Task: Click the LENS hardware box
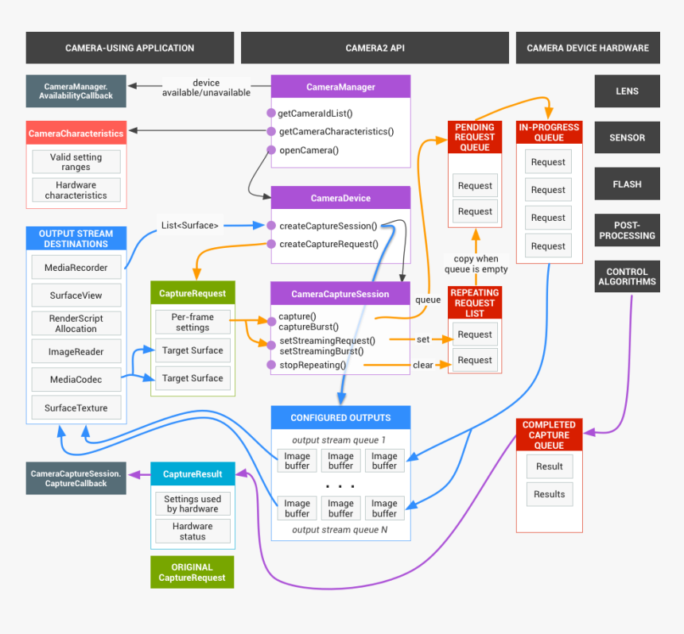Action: point(627,91)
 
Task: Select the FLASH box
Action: point(627,184)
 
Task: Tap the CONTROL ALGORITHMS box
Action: point(627,276)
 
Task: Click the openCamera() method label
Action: point(309,150)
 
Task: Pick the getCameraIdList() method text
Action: point(316,113)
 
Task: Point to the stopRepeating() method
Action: point(313,365)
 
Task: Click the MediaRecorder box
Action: point(76,268)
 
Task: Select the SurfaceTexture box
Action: point(76,408)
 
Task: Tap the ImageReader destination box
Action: point(76,351)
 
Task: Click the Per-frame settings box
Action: point(192,322)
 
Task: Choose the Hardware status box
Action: point(192,531)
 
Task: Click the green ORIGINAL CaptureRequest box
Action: point(192,572)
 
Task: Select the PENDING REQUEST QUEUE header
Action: point(475,137)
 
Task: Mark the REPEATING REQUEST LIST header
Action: point(475,303)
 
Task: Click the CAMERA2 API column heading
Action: point(375,48)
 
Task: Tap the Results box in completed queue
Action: point(549,494)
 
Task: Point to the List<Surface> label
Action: point(190,225)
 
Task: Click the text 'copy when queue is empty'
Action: point(476,264)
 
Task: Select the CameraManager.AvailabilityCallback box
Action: point(76,90)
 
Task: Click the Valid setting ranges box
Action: point(76,162)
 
